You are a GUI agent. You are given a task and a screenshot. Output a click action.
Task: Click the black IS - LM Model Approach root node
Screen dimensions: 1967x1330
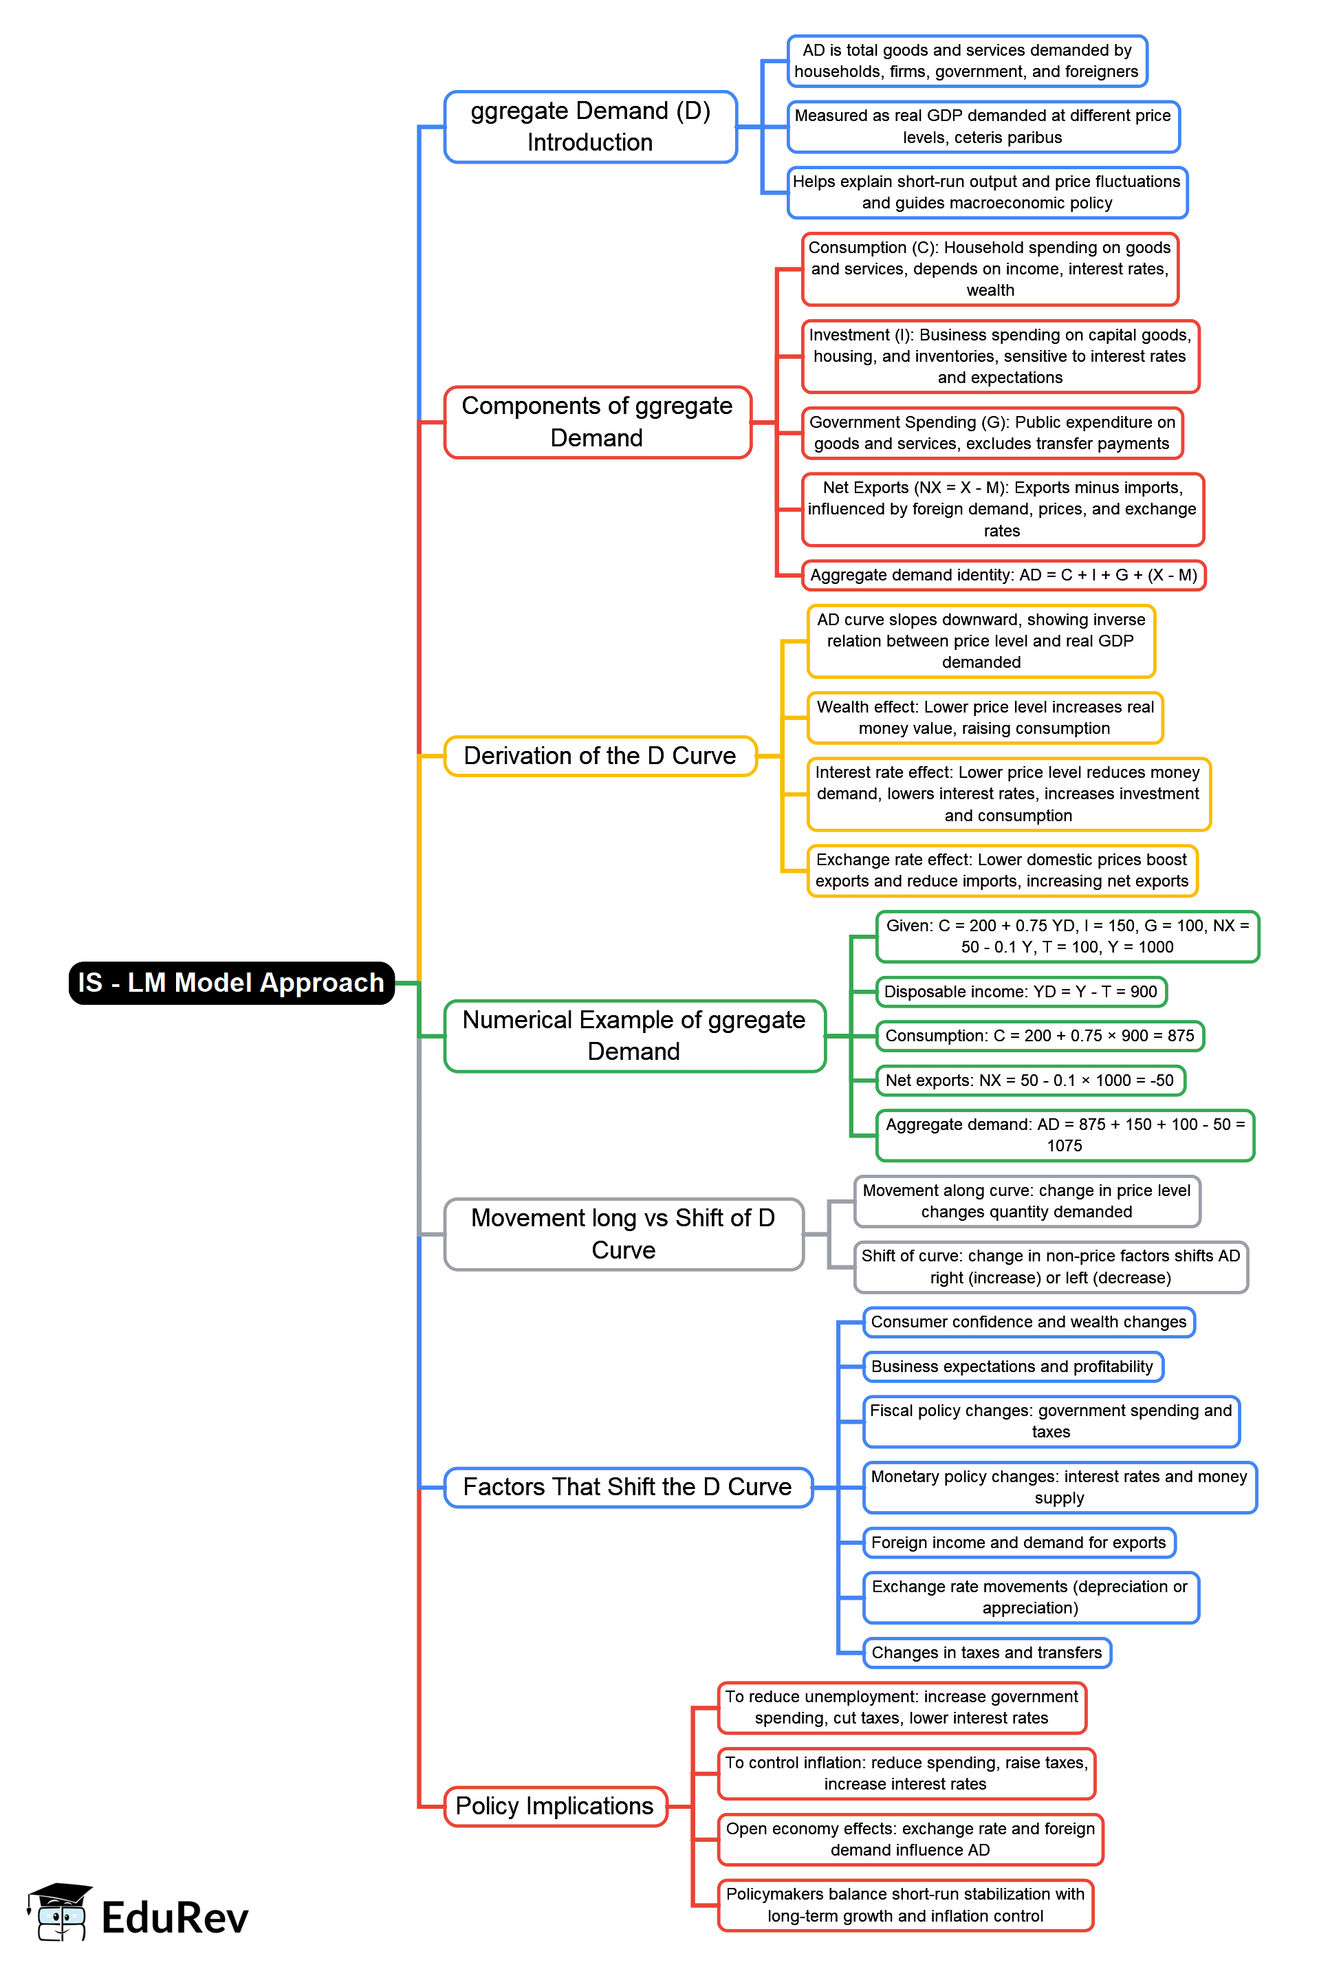click(231, 983)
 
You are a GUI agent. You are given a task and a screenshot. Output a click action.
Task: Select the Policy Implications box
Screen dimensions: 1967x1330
click(555, 1806)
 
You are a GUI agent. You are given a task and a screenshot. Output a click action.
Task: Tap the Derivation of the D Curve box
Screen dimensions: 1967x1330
click(600, 756)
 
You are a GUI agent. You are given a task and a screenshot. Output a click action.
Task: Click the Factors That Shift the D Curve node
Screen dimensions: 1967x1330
click(628, 1487)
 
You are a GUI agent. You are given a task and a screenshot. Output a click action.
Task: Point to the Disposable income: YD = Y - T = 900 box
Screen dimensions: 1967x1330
click(1021, 991)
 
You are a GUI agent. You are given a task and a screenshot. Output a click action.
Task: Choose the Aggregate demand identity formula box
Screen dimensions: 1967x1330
click(1003, 575)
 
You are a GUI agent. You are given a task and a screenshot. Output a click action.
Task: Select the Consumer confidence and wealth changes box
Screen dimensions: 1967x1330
click(1028, 1322)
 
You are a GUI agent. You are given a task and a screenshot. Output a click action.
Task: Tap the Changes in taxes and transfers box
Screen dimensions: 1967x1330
click(987, 1652)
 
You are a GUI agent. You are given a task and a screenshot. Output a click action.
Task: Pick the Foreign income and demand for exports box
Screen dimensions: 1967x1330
click(1018, 1542)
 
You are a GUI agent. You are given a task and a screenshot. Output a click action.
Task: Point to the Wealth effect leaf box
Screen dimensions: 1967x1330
click(985, 718)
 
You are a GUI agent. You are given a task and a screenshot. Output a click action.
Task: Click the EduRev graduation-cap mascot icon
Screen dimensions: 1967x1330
click(59, 1912)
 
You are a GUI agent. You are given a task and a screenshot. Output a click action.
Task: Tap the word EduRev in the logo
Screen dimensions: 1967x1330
click(175, 1918)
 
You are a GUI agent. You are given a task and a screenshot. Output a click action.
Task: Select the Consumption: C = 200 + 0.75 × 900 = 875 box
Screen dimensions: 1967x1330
click(1039, 1035)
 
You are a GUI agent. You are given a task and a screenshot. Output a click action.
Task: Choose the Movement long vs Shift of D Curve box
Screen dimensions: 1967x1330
click(624, 1233)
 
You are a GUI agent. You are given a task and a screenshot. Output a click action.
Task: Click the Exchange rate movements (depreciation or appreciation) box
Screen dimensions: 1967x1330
click(1029, 1597)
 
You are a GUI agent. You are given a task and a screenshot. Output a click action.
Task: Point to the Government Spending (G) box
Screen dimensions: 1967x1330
click(992, 433)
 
